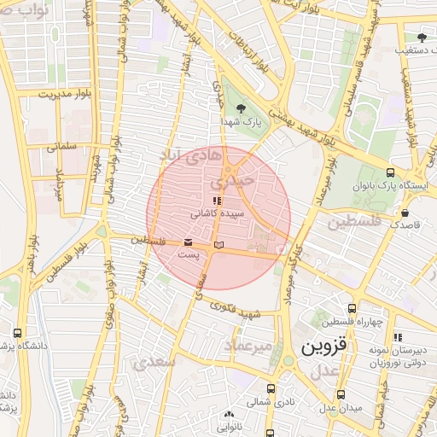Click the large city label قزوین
tap(323, 347)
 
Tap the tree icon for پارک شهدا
tap(241, 108)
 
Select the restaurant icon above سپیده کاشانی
tap(216, 201)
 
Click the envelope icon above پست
tap(188, 242)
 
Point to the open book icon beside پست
tap(219, 246)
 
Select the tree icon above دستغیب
tap(422, 37)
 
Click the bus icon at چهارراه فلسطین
tap(352, 309)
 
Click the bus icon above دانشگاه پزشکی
tap(17, 334)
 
